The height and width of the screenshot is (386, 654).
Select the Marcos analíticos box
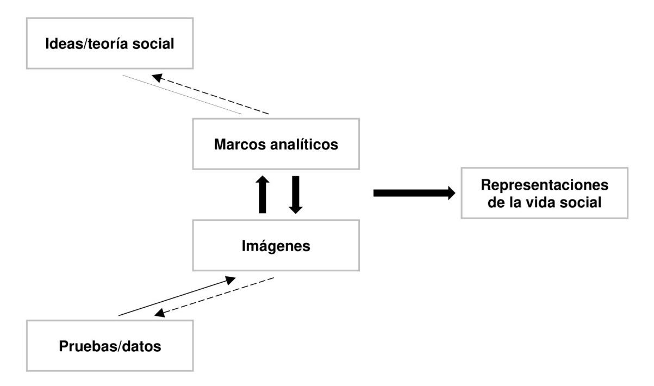tap(276, 145)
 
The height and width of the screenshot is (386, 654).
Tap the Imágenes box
tap(276, 246)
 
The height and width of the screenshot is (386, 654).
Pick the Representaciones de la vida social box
tap(544, 193)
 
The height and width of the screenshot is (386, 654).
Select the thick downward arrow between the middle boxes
tap(295, 194)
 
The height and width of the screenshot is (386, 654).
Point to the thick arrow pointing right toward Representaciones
tap(414, 193)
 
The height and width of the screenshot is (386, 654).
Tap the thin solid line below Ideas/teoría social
tap(182, 95)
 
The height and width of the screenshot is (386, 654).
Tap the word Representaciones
tap(544, 185)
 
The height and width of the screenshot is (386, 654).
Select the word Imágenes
tap(276, 246)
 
